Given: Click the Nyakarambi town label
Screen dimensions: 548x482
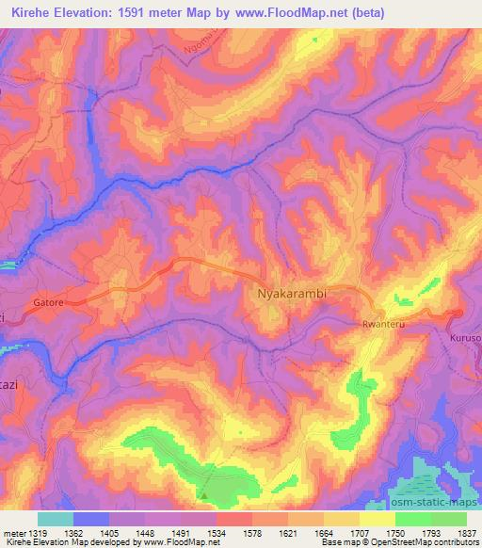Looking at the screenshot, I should coord(292,294).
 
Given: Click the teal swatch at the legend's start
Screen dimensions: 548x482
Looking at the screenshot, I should coord(55,518).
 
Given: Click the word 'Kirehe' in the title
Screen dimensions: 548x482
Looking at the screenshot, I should coord(27,12).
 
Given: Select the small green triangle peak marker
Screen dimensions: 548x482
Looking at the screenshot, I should coord(202,492).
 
